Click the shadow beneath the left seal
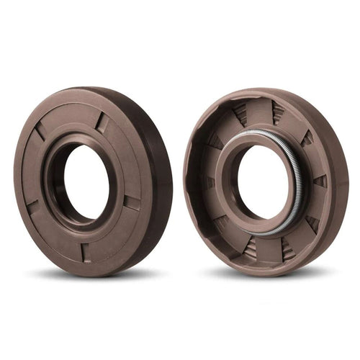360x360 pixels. [94, 276]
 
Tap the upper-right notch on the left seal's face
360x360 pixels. [102, 123]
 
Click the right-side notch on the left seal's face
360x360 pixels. [132, 202]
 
